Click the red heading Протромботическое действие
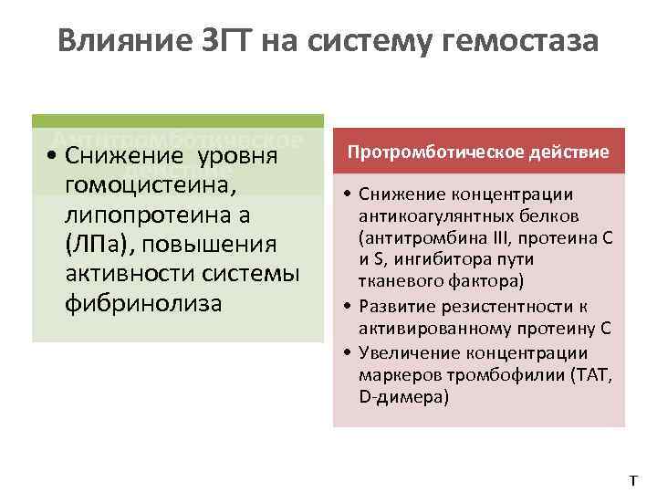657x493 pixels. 479,152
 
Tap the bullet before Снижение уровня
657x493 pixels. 57,157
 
